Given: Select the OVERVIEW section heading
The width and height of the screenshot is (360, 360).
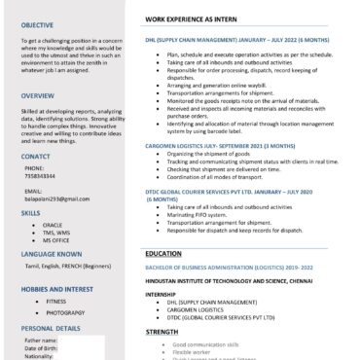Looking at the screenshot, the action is click(x=38, y=95).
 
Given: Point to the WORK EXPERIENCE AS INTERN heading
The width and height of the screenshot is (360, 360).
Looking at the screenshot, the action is click(x=195, y=18).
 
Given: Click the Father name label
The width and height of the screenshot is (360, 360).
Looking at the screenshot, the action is click(x=40, y=342).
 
